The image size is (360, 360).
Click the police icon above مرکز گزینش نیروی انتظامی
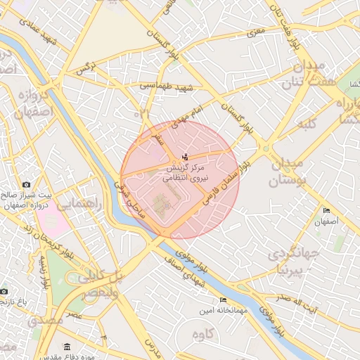tap(185, 156)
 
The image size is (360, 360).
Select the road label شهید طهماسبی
tap(166, 86)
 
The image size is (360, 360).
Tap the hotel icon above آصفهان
tap(326, 210)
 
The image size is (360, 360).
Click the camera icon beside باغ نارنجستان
tap(4, 290)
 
